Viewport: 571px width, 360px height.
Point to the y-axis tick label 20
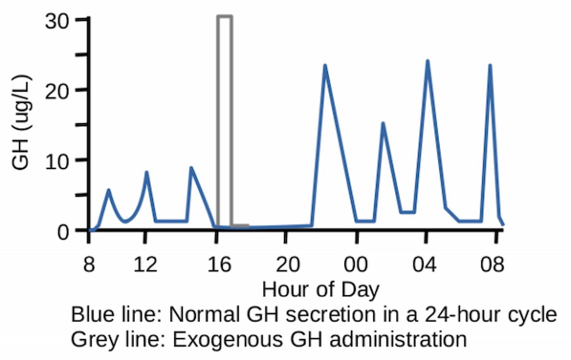[58, 90]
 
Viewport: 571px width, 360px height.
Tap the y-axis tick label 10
[58, 160]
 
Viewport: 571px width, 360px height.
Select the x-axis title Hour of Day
[321, 290]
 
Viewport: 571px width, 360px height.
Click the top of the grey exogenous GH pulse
[225, 17]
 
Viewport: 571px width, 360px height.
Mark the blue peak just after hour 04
[427, 61]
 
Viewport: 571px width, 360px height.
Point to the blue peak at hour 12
[146, 172]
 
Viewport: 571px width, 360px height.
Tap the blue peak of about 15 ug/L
[383, 123]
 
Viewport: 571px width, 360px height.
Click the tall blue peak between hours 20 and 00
[324, 66]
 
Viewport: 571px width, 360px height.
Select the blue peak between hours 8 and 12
[109, 190]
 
